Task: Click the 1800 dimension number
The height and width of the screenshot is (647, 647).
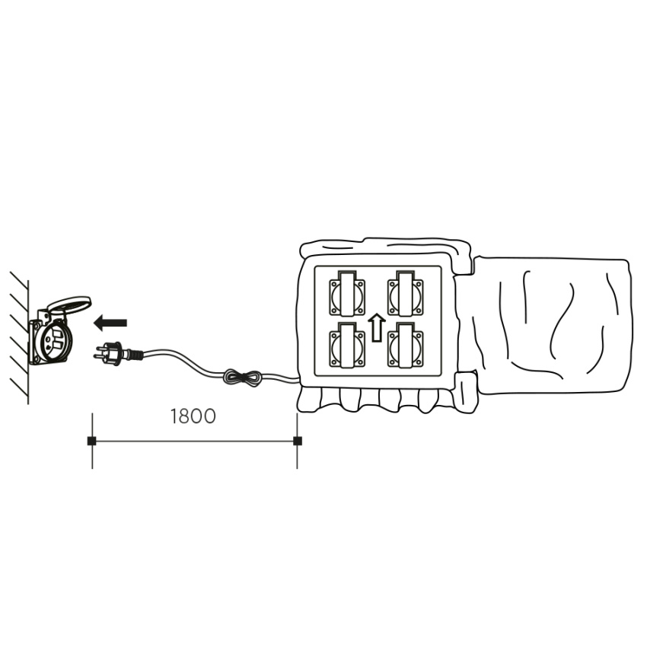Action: pos(193,416)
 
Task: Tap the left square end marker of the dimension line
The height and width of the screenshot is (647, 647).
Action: pos(91,441)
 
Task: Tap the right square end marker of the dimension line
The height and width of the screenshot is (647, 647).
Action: pos(297,441)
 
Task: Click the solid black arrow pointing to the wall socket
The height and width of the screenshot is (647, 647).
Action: pos(110,323)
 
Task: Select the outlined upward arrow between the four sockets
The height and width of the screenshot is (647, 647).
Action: pos(376,327)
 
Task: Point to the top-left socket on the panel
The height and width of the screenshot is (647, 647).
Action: pos(347,293)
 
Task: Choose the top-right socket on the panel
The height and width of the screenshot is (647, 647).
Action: pos(405,293)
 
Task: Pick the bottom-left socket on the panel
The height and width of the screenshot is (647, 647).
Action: pos(347,345)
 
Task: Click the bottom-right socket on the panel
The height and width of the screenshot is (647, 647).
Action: pos(405,345)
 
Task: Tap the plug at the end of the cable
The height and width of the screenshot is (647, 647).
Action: pos(118,354)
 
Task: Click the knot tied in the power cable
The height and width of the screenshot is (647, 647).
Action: pos(242,378)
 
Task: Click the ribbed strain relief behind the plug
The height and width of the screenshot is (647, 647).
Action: pos(134,354)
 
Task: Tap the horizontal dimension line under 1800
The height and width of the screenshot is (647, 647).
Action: pos(194,441)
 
